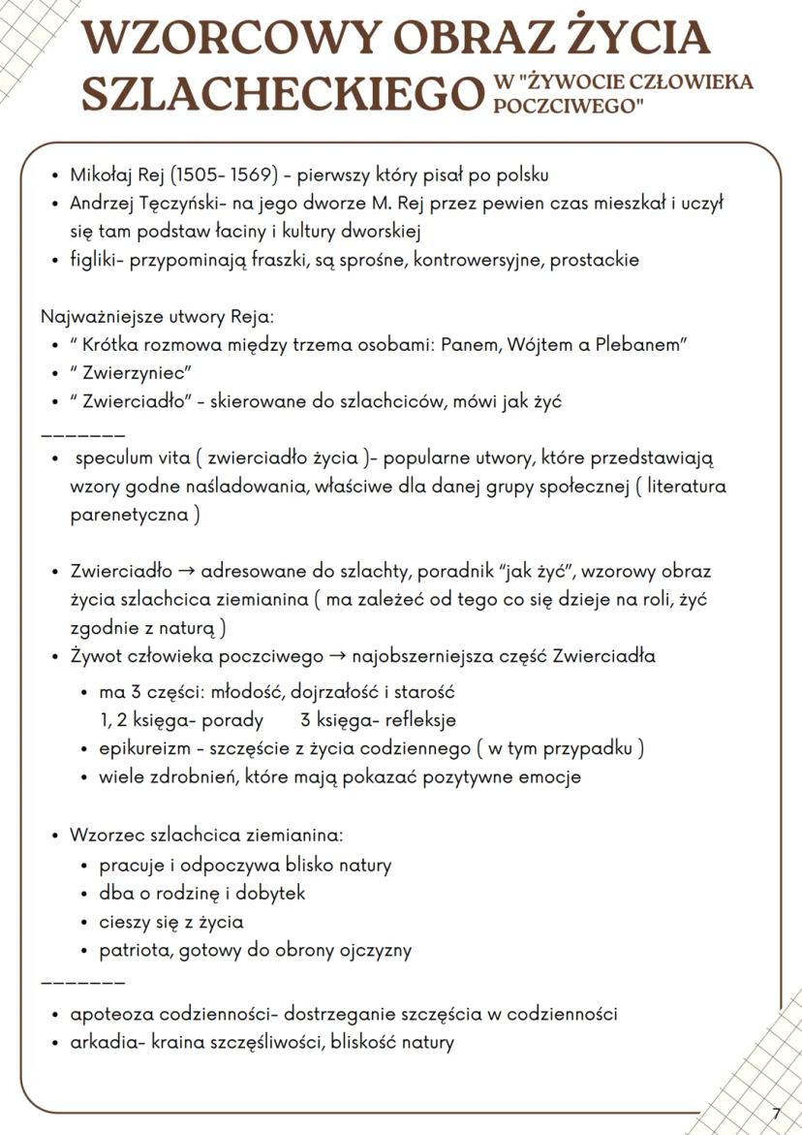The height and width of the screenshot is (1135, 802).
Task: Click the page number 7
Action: (776, 1114)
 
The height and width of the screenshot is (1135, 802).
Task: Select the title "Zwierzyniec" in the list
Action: (130, 373)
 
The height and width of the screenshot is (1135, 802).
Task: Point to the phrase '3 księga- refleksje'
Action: (378, 720)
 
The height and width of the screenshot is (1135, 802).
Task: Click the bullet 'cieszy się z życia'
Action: (170, 922)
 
